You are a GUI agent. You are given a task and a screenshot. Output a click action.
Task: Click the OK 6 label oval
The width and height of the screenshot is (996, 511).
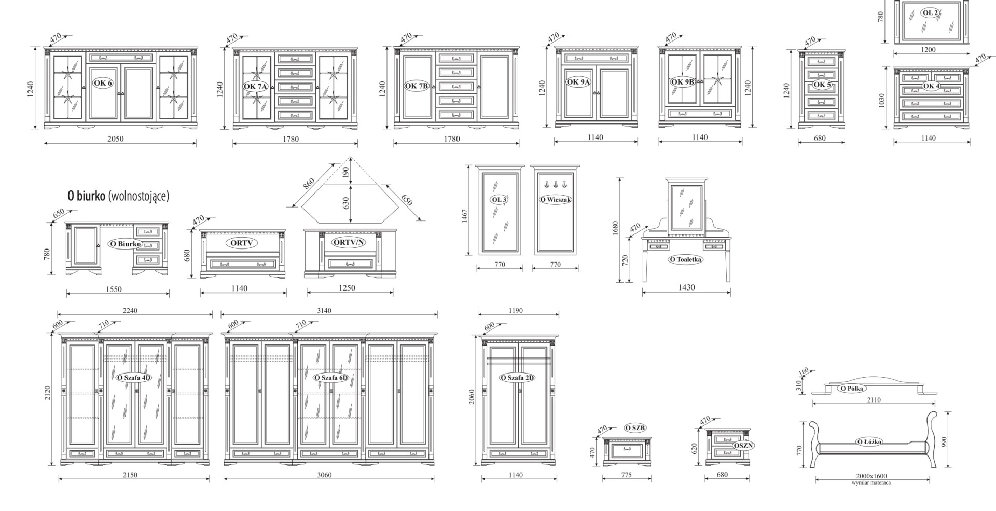103,83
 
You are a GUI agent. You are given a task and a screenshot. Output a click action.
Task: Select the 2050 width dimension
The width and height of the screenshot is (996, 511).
115,139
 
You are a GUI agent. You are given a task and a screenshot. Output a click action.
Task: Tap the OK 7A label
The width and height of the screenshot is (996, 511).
255,86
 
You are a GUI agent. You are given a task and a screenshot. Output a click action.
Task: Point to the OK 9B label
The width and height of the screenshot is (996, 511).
682,82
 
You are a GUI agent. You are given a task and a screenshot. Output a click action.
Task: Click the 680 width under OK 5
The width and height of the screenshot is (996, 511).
820,139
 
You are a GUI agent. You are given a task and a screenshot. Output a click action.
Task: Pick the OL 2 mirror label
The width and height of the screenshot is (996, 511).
930,13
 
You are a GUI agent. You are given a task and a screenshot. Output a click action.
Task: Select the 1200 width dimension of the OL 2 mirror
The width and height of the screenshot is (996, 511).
928,50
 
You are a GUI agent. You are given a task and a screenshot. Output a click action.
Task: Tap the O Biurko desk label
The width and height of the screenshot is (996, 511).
125,244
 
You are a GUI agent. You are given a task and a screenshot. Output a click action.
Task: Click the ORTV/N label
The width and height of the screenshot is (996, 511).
349,242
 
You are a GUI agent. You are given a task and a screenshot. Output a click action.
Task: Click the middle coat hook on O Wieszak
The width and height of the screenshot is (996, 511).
555,184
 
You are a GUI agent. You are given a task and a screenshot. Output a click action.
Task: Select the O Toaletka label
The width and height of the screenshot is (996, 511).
685,259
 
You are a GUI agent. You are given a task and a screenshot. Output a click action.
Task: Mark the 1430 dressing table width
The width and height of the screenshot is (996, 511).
686,287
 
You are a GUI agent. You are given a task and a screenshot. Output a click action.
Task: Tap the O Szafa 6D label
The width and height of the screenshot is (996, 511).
330,378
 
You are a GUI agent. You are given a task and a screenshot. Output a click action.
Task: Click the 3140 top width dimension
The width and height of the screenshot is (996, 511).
324,310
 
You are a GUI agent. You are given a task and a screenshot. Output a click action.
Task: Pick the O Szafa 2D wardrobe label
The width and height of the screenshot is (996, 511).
517,378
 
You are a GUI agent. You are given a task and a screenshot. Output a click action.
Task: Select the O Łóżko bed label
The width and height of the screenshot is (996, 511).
869,441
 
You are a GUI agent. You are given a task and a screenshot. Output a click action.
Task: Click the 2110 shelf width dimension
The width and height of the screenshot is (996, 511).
874,400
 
